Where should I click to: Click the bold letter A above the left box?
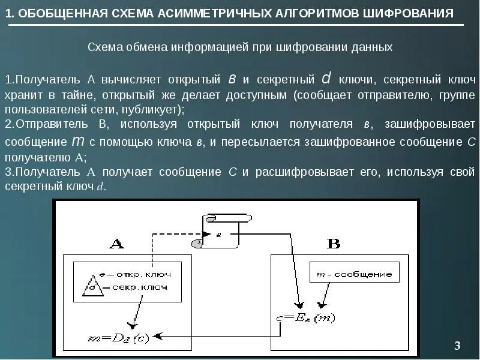click(116, 244)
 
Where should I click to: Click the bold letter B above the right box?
click(333, 243)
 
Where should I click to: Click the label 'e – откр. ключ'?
click(135, 274)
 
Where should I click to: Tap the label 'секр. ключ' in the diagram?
click(141, 287)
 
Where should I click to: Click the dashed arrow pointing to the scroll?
click(180, 233)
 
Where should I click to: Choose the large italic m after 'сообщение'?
click(77, 142)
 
